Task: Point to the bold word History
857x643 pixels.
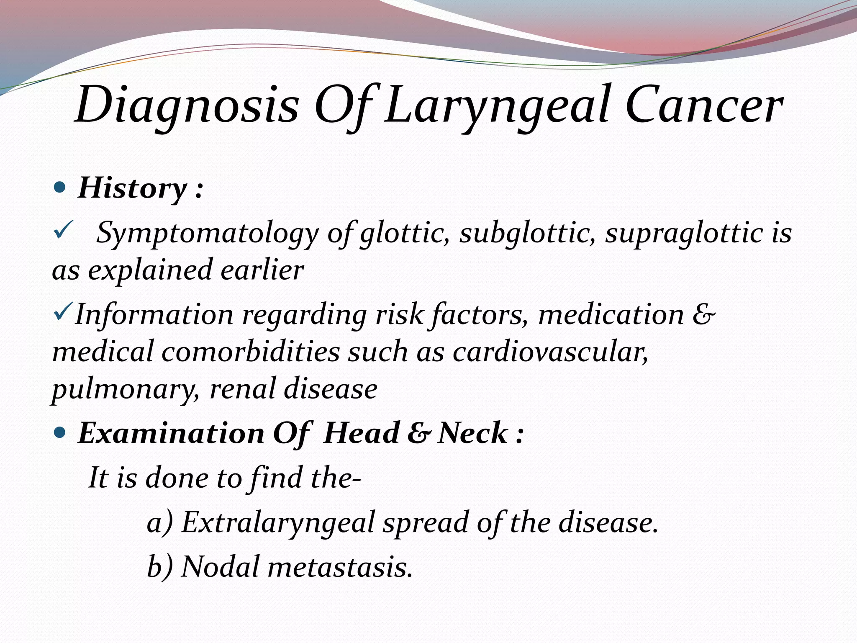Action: pos(132,188)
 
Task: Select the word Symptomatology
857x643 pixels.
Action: pos(207,233)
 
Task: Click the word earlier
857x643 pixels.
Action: pos(262,270)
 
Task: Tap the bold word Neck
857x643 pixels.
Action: pos(473,432)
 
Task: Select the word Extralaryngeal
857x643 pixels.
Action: pos(278,523)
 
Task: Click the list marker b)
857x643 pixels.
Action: pos(160,566)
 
